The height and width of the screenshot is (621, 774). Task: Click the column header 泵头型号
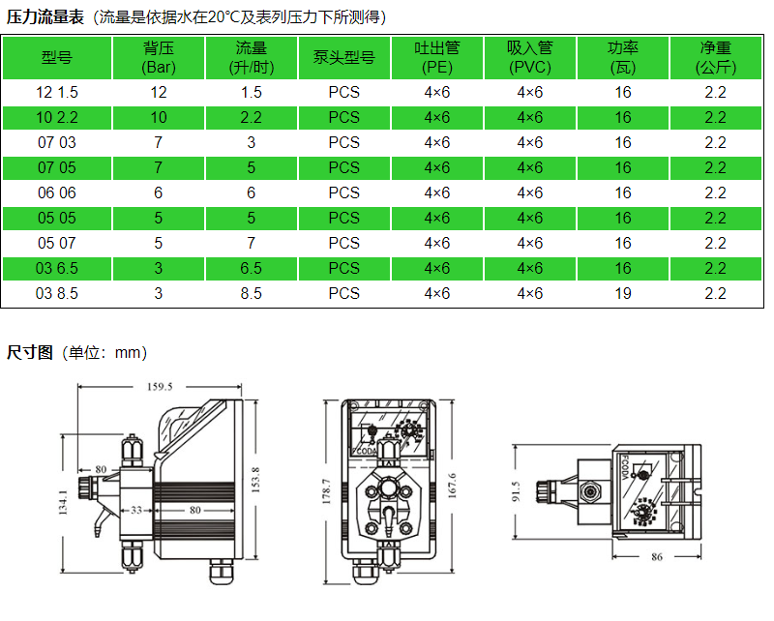pyautogui.click(x=344, y=58)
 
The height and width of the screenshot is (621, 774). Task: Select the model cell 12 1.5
pyautogui.click(x=57, y=92)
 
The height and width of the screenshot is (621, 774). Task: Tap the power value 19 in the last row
pyautogui.click(x=623, y=294)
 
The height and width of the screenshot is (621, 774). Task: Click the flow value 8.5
pyautogui.click(x=252, y=294)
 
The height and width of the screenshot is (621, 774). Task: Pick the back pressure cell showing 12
pyautogui.click(x=159, y=92)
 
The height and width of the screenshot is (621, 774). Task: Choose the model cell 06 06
pyautogui.click(x=57, y=193)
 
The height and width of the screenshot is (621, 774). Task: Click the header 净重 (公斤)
pyautogui.click(x=716, y=58)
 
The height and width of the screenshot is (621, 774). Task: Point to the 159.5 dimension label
pyautogui.click(x=160, y=387)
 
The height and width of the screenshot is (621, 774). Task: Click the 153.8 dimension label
pyautogui.click(x=255, y=480)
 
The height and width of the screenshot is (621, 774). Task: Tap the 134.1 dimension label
pyautogui.click(x=63, y=503)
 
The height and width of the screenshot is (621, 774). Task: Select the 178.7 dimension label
pyautogui.click(x=326, y=491)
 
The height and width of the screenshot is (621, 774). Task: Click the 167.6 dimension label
pyautogui.click(x=452, y=486)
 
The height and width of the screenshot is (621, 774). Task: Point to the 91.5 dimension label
pyautogui.click(x=516, y=491)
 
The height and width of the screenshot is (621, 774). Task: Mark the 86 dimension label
pyautogui.click(x=657, y=557)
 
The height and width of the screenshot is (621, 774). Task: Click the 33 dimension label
pyautogui.click(x=136, y=510)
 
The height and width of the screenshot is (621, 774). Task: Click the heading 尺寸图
pyautogui.click(x=30, y=352)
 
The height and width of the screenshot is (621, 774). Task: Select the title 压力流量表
pyautogui.click(x=45, y=17)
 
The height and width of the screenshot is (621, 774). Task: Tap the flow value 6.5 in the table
pyautogui.click(x=252, y=269)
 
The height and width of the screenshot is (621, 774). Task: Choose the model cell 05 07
pyautogui.click(x=57, y=244)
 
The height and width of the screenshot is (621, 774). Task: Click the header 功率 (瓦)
pyautogui.click(x=623, y=58)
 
